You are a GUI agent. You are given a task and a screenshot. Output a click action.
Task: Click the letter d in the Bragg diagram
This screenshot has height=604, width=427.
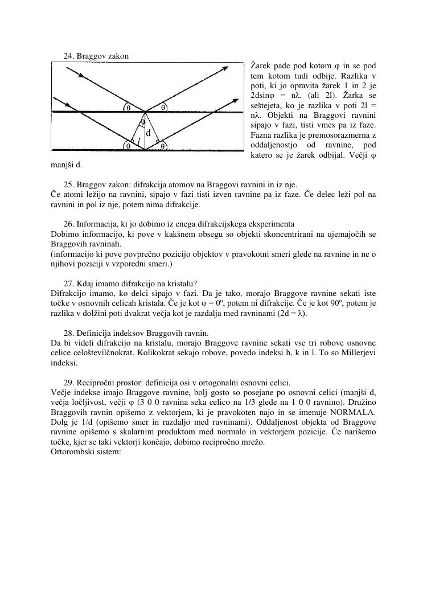tap(148, 133)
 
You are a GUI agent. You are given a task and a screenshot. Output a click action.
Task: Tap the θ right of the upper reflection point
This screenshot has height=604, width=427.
tap(163, 106)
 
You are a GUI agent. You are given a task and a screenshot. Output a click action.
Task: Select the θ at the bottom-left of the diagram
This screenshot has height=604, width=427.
tap(128, 146)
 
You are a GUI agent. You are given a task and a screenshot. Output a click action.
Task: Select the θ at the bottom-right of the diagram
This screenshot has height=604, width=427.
tap(163, 146)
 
